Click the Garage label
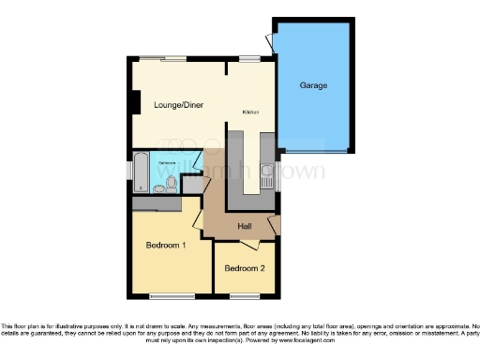(x=313, y=86)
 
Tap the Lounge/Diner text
(x=179, y=105)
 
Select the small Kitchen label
(x=250, y=112)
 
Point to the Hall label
(x=245, y=226)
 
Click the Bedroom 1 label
(x=165, y=246)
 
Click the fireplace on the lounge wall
(x=137, y=101)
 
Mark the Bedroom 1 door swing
(x=198, y=218)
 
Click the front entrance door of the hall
(x=273, y=225)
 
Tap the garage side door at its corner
(x=270, y=41)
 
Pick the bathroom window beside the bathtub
(x=129, y=172)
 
